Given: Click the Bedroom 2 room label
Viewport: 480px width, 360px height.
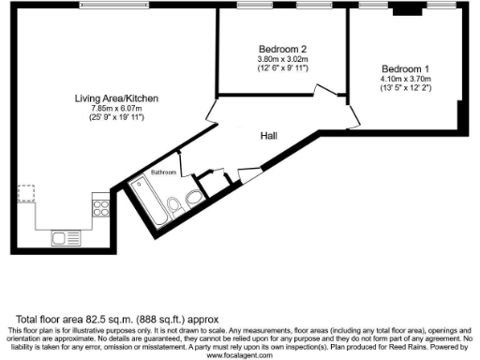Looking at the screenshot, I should pyautogui.click(x=282, y=49).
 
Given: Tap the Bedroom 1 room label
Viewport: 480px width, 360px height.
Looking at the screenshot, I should pyautogui.click(x=405, y=68).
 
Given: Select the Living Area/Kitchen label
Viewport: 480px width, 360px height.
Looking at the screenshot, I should pyautogui.click(x=117, y=98).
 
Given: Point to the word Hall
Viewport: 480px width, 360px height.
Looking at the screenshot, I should pyautogui.click(x=268, y=137).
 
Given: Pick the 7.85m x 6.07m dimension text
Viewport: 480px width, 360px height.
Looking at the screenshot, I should pyautogui.click(x=117, y=109).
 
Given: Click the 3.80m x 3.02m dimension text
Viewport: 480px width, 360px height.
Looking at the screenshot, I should pyautogui.click(x=282, y=59).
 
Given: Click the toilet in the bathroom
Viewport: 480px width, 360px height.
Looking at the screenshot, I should pyautogui.click(x=174, y=204).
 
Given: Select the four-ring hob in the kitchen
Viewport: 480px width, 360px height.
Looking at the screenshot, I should pyautogui.click(x=99, y=202).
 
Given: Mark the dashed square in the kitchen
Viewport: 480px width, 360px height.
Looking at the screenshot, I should pyautogui.click(x=27, y=193).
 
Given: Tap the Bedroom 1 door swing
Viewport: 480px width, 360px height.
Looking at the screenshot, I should pyautogui.click(x=352, y=119).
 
